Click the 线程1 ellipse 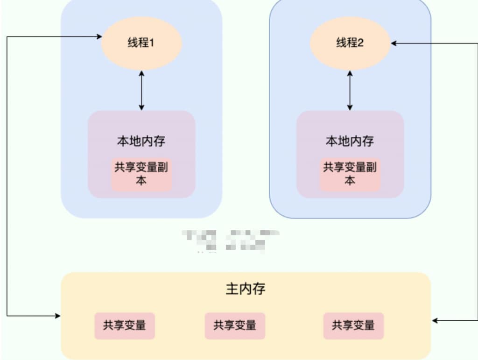click(141, 43)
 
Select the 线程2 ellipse click(350, 43)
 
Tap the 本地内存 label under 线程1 click(141, 141)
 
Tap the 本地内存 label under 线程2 click(350, 141)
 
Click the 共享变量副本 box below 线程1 click(141, 174)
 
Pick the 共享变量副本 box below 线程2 click(350, 174)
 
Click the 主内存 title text click(246, 289)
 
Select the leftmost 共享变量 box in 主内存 click(125, 325)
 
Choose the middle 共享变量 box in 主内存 click(235, 325)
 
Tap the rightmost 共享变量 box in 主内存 click(353, 325)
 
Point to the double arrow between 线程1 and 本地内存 click(141, 90)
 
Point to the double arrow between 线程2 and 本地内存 click(350, 90)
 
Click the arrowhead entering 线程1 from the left click(99, 36)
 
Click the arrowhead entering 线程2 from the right click(394, 43)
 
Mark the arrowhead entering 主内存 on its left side click(58, 316)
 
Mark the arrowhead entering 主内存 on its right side click(434, 321)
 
